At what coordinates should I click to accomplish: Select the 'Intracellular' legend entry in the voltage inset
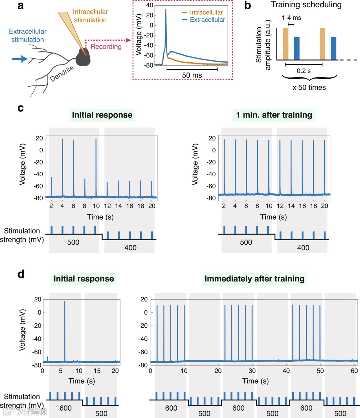[206, 12]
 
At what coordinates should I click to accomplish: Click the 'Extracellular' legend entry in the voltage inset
[207, 20]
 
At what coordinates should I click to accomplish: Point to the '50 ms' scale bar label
[192, 75]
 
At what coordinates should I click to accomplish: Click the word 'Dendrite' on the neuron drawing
[62, 74]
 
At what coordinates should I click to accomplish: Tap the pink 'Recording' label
[106, 47]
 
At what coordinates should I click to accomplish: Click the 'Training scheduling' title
[306, 5]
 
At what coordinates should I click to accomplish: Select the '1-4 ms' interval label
[291, 18]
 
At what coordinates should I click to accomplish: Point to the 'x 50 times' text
[309, 87]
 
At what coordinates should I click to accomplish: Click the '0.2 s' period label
[304, 71]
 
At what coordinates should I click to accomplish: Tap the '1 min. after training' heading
[274, 115]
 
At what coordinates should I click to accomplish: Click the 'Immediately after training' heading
[254, 279]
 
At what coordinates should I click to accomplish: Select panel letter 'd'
[21, 274]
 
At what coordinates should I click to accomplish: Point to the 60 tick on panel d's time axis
[354, 371]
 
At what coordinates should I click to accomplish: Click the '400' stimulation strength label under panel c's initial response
[130, 248]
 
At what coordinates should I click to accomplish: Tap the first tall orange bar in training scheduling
[286, 44]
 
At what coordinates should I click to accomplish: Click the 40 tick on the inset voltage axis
[149, 5]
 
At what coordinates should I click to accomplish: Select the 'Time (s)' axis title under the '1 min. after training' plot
[273, 217]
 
